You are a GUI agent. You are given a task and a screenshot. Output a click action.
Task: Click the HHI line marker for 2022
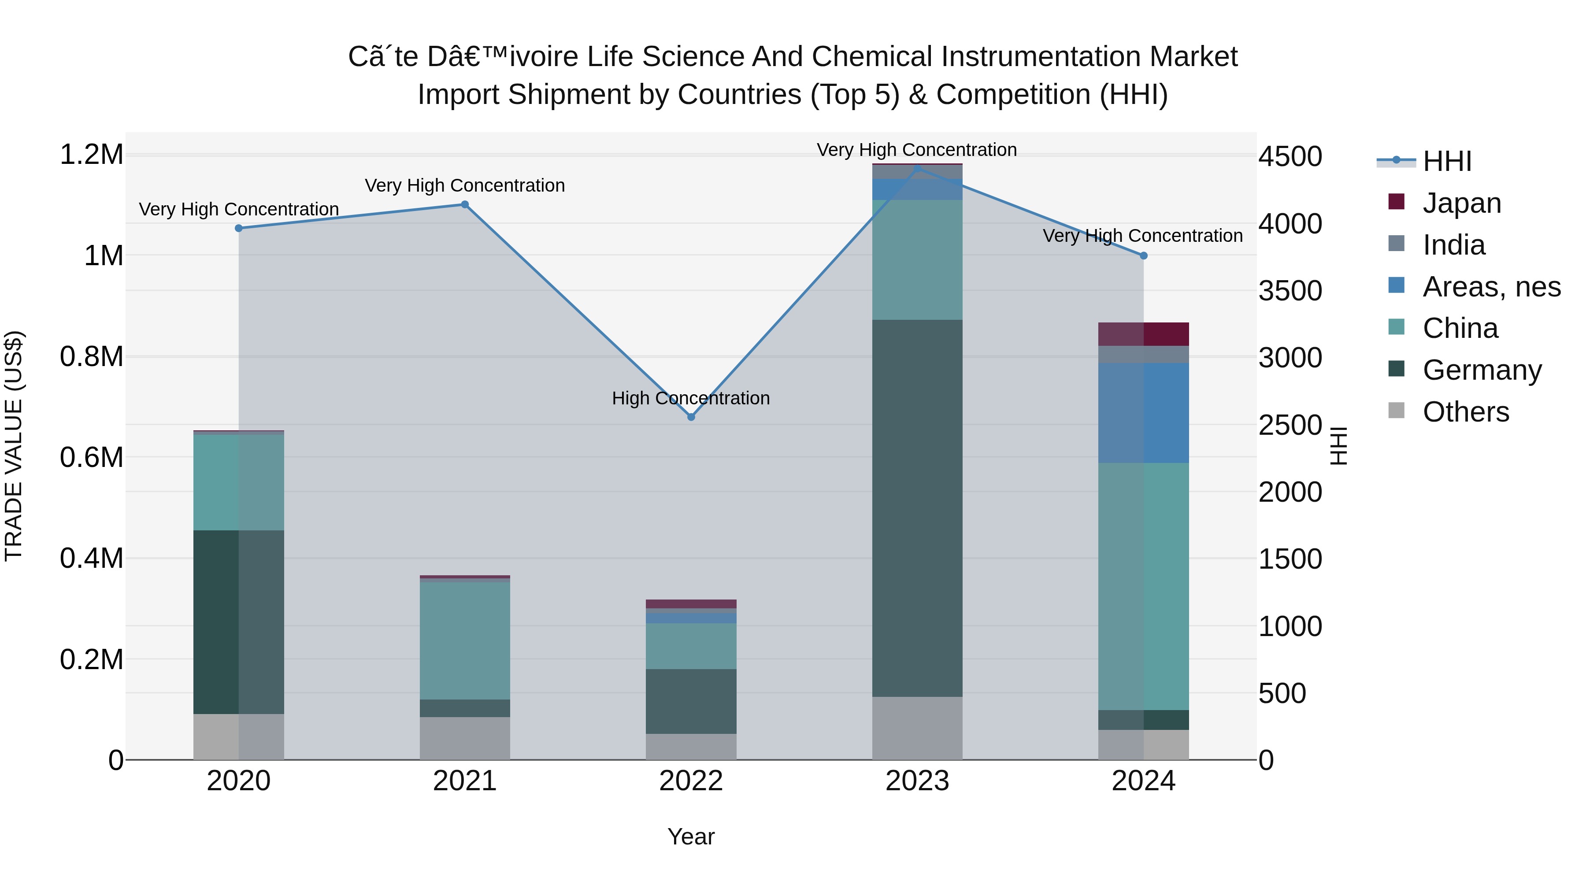tap(691, 417)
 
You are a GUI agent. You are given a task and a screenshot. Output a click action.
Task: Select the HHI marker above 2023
tap(917, 167)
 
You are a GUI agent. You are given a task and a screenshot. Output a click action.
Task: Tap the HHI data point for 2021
tap(465, 204)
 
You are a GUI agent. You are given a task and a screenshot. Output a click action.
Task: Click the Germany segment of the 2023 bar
tap(917, 508)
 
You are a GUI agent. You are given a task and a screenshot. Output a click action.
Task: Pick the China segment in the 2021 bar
tap(465, 640)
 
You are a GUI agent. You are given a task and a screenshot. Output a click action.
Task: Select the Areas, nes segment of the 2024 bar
tap(1143, 412)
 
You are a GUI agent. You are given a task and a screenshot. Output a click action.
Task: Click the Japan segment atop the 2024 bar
tap(1143, 333)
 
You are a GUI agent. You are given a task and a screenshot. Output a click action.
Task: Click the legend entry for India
tap(1454, 245)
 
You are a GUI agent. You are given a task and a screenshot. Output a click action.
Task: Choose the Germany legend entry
tap(1482, 370)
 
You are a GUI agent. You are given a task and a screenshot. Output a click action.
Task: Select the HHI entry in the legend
tap(1447, 161)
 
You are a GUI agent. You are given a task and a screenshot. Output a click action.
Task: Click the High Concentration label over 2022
tap(691, 398)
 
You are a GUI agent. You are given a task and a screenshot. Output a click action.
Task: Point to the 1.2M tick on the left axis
tap(91, 155)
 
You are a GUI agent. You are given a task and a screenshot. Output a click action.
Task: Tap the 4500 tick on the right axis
tap(1290, 156)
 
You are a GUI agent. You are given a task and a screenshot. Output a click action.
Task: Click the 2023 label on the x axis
tap(917, 781)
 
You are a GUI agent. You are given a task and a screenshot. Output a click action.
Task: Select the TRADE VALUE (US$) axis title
tap(14, 446)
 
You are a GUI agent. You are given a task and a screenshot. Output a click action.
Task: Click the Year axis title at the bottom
tap(691, 836)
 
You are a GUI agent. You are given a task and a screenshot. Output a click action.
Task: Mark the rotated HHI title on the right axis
tap(1338, 446)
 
